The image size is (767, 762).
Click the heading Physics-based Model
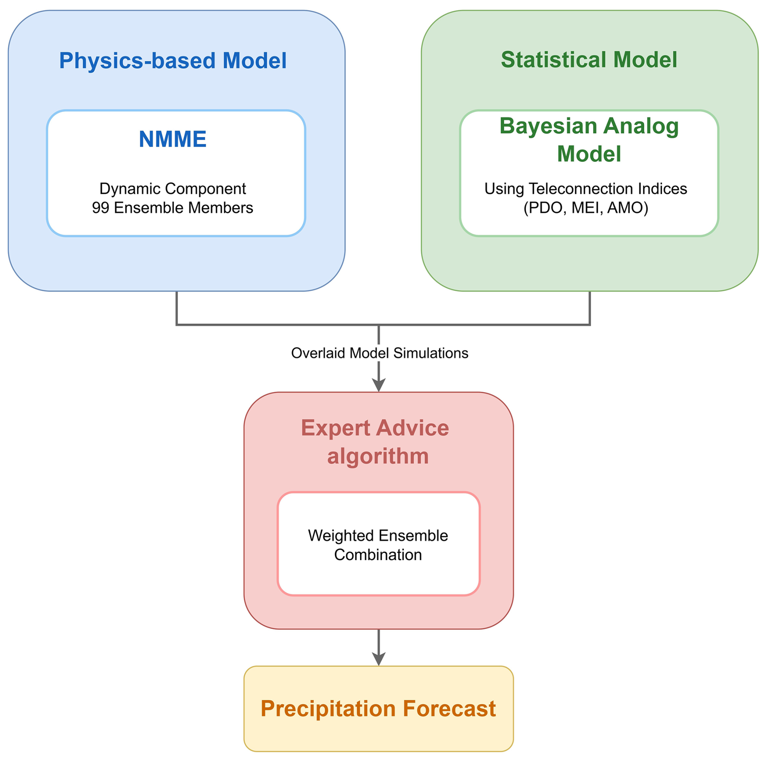pyautogui.click(x=173, y=61)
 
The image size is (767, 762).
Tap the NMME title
pyautogui.click(x=173, y=139)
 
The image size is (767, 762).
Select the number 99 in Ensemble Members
pyautogui.click(x=101, y=208)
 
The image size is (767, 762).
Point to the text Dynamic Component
pyautogui.click(x=173, y=189)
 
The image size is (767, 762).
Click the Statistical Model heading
pyautogui.click(x=589, y=60)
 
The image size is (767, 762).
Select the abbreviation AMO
pyautogui.click(x=625, y=208)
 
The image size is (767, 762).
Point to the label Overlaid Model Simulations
pyautogui.click(x=379, y=353)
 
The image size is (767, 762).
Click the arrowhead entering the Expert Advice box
pyautogui.click(x=379, y=385)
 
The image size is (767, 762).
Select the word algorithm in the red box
pyautogui.click(x=378, y=456)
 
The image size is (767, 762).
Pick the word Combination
pyautogui.click(x=378, y=555)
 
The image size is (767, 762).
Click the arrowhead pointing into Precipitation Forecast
pyautogui.click(x=379, y=659)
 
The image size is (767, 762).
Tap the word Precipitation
pyautogui.click(x=328, y=709)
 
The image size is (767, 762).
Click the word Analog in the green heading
pyautogui.click(x=641, y=126)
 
